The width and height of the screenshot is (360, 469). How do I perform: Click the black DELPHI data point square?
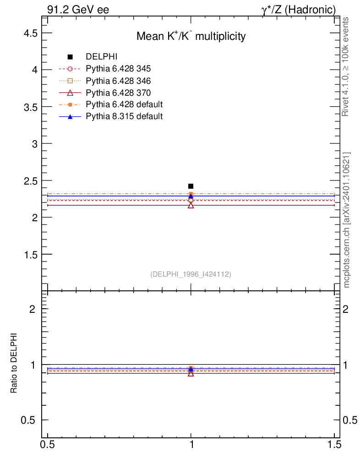pyautogui.click(x=191, y=186)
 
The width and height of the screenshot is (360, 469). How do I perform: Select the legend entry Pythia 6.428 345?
pyautogui.click(x=118, y=69)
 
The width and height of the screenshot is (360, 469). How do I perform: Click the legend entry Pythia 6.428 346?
pyautogui.click(x=118, y=81)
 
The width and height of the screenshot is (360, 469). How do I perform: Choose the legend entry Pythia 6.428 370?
pyautogui.click(x=118, y=93)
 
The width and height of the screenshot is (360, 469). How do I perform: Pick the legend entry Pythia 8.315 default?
pyautogui.click(x=124, y=116)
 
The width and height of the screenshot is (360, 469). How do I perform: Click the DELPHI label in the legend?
pyautogui.click(x=102, y=57)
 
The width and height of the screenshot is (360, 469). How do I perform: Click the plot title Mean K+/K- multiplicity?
pyautogui.click(x=191, y=37)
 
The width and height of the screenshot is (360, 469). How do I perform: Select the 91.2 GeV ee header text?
pyautogui.click(x=78, y=9)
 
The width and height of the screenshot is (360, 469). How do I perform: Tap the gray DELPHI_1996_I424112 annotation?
pyautogui.click(x=191, y=274)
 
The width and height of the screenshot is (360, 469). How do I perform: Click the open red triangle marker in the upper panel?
pyautogui.click(x=191, y=205)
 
